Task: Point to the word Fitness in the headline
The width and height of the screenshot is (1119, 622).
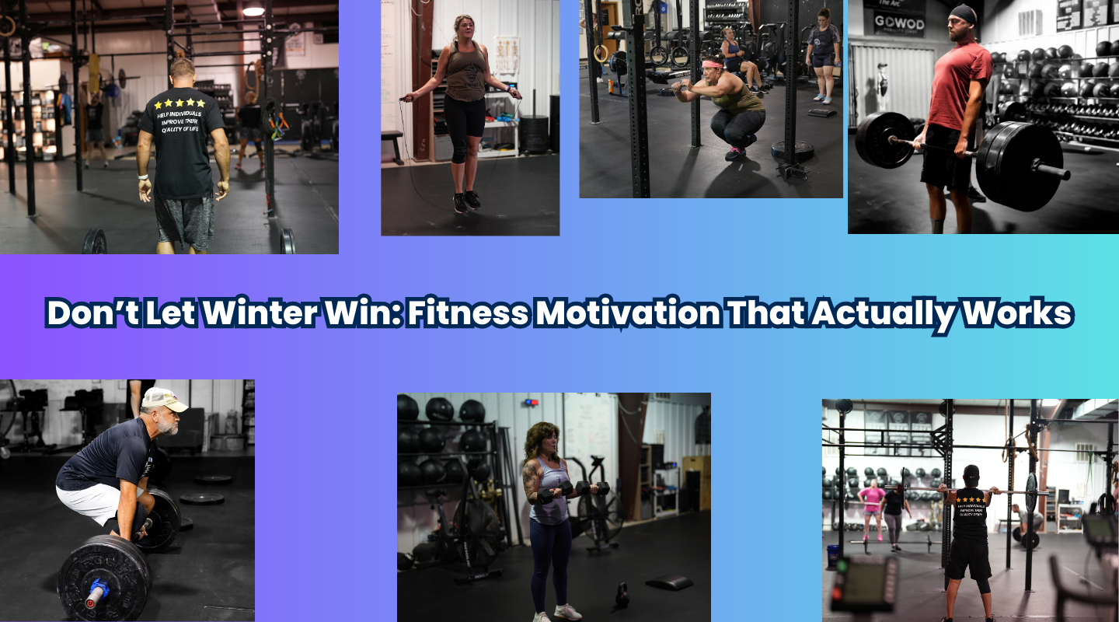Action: [x=469, y=313]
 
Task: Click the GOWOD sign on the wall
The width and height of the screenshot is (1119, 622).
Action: [x=899, y=22]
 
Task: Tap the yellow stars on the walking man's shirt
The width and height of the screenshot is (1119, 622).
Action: [x=180, y=103]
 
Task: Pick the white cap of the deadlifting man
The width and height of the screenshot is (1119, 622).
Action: [x=164, y=399]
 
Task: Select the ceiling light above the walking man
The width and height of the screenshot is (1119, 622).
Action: [x=253, y=9]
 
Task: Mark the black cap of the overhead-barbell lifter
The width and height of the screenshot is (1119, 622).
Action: [x=971, y=472]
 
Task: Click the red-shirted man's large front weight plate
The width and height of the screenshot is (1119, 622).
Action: [x=1018, y=166]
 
